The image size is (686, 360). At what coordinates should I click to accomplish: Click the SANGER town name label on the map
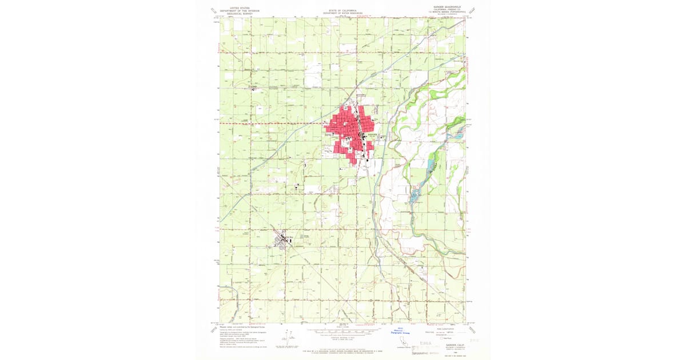click(372, 135)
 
